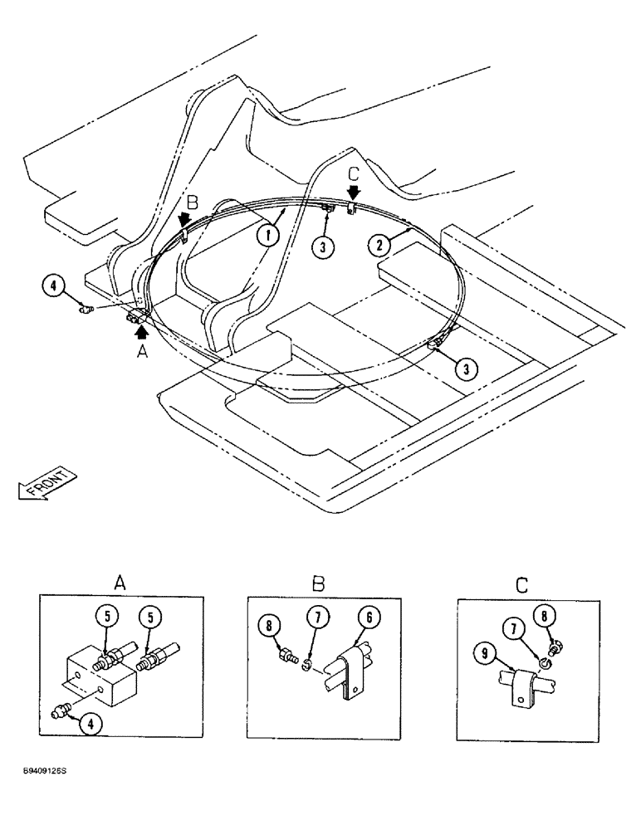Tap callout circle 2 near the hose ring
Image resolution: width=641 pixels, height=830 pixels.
(379, 243)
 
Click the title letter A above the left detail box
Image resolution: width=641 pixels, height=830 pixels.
(119, 584)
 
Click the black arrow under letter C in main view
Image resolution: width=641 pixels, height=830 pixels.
(352, 192)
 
